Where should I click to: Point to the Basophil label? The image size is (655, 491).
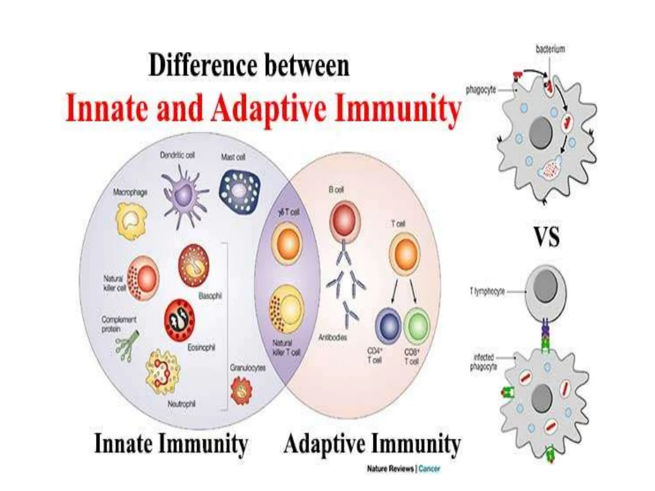(x=210, y=296)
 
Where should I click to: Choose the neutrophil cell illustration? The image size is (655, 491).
(x=162, y=371)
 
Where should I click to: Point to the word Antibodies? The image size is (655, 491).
(x=333, y=337)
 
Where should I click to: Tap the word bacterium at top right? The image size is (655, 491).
(x=550, y=49)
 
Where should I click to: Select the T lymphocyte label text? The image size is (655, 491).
(x=487, y=292)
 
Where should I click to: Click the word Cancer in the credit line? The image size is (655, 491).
(x=429, y=469)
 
